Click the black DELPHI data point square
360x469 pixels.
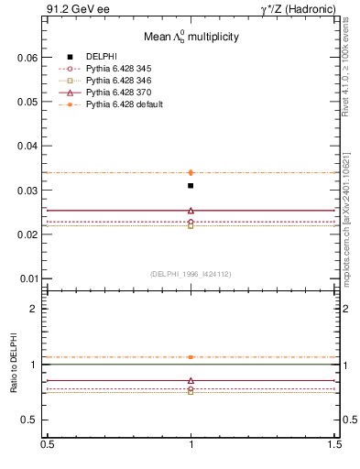[x=191, y=186]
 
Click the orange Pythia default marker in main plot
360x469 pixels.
[x=191, y=172]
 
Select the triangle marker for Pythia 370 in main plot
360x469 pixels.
[x=191, y=210]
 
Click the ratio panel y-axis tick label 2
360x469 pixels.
[x=34, y=309]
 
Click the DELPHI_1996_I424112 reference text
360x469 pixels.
[x=191, y=274]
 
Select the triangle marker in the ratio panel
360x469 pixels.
[x=191, y=380]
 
